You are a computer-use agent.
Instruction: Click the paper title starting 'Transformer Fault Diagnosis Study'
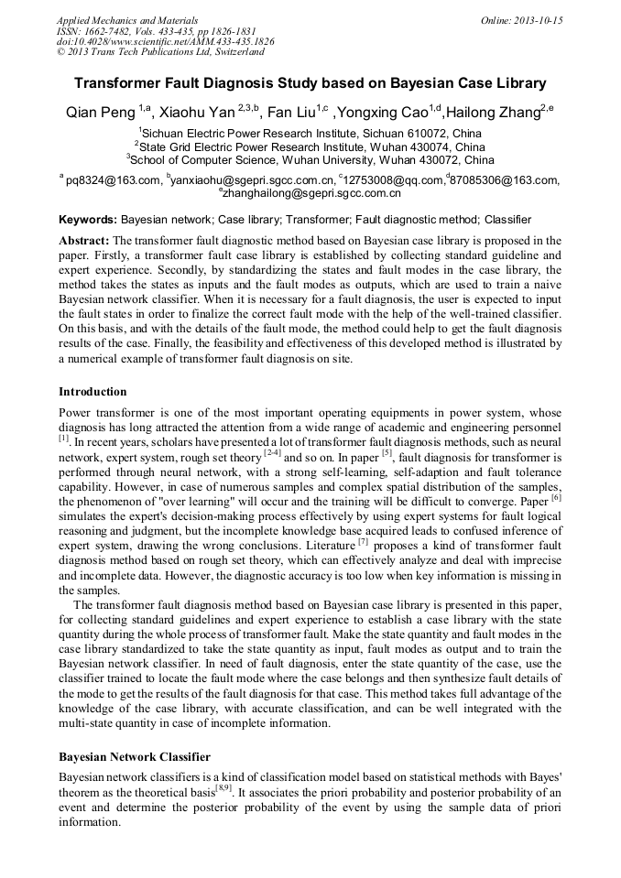(x=310, y=82)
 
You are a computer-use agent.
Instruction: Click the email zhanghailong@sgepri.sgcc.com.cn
(x=311, y=193)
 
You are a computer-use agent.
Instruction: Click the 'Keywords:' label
(x=88, y=221)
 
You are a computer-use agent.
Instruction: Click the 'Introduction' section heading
(x=93, y=392)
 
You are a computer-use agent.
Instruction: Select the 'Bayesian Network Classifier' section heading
(x=135, y=757)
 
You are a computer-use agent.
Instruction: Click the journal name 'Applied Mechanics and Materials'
(x=127, y=20)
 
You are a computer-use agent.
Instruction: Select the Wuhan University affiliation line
(x=310, y=158)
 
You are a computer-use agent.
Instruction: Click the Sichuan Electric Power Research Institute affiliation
(x=310, y=133)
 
